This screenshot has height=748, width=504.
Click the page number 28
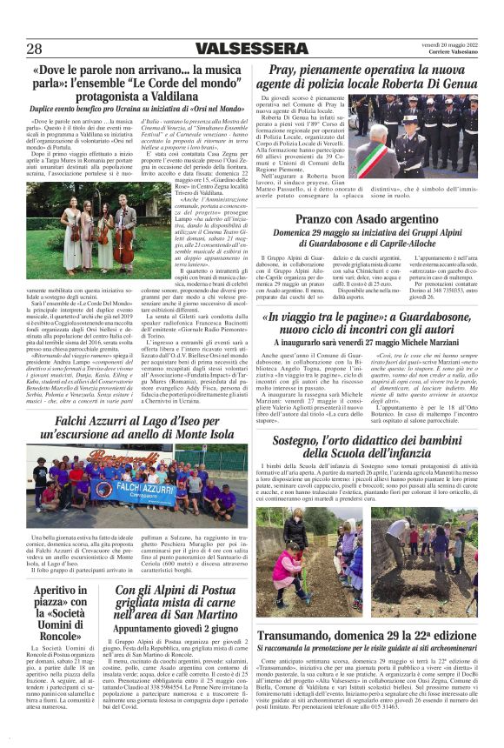click(x=35, y=48)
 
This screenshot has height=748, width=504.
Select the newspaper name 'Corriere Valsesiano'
click(x=452, y=52)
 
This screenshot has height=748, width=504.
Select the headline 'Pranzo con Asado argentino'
click(x=368, y=218)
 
